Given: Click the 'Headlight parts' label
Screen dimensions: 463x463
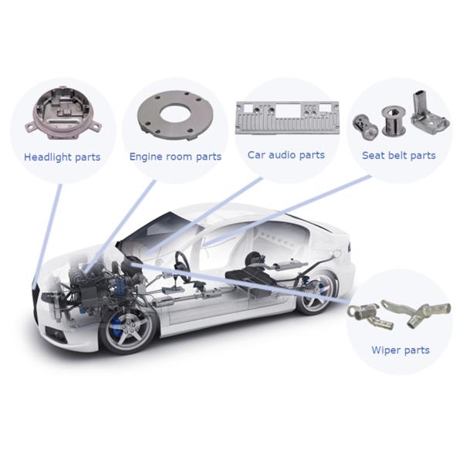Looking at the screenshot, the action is (x=62, y=157).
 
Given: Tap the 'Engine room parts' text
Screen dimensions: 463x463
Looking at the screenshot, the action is (x=175, y=157).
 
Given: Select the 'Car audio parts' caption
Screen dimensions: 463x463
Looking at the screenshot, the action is (x=286, y=155).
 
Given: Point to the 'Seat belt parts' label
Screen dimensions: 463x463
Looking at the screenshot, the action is (x=399, y=155).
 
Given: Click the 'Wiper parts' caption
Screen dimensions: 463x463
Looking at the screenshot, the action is (x=400, y=350).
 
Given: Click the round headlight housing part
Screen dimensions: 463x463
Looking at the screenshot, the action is (x=63, y=113).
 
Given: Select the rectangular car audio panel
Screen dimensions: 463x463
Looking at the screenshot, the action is (x=287, y=117).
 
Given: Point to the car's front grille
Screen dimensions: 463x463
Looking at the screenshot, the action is (x=35, y=301).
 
